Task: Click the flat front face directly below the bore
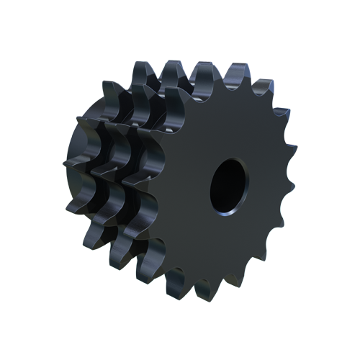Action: [x=229, y=245]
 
